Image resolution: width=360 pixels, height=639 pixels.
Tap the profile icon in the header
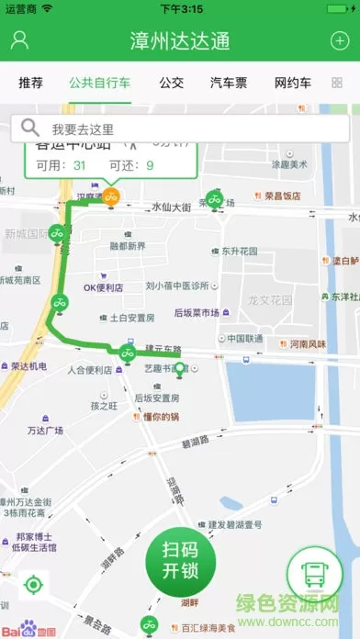[x=20, y=40]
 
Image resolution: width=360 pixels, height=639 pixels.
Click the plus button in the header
[x=340, y=40]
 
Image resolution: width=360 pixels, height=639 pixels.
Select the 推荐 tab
[x=30, y=83]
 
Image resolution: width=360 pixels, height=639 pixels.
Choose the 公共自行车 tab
[x=99, y=83]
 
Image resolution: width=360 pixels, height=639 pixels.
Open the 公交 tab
[x=171, y=83]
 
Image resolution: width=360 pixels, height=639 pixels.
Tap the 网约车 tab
[x=293, y=83]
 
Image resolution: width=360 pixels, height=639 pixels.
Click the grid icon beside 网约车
[x=337, y=83]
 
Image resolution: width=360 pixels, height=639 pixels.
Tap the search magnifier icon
[x=30, y=129]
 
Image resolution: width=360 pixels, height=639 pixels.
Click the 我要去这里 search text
[x=83, y=129]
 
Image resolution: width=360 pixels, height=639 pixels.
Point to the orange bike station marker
[x=110, y=196]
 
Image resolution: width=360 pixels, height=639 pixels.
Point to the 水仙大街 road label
[x=171, y=207]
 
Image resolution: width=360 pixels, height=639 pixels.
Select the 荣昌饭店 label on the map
[x=282, y=196]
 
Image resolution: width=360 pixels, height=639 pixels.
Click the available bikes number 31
[x=79, y=165]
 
